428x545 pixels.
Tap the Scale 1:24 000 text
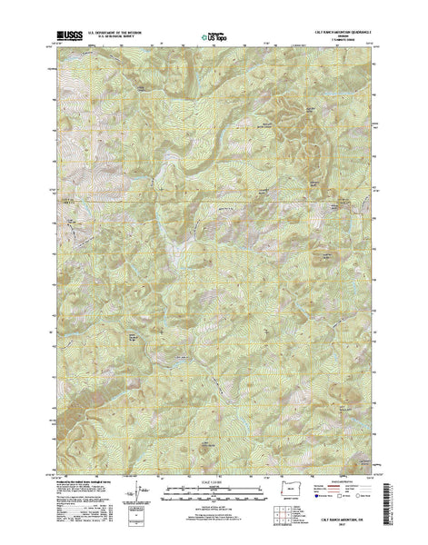point(214,486)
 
